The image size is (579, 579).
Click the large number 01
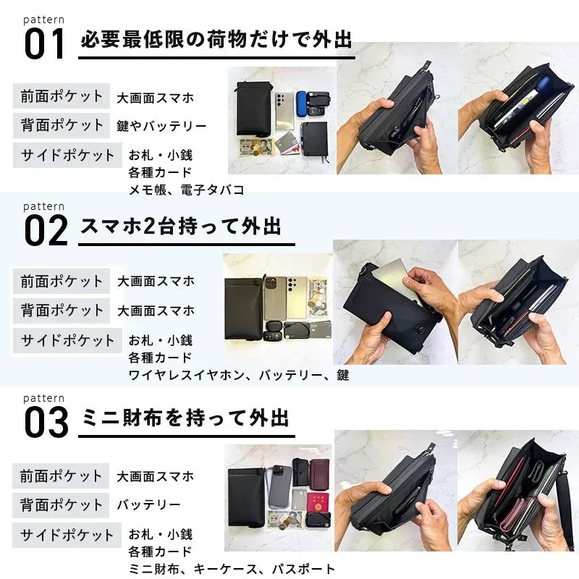(46, 44)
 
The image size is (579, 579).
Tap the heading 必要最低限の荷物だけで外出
(216, 40)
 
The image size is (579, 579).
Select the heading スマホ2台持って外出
(180, 227)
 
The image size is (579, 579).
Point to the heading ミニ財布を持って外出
(185, 418)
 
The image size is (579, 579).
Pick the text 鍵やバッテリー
(161, 126)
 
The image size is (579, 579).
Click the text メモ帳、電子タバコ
(186, 190)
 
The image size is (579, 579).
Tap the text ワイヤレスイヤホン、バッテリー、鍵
(238, 375)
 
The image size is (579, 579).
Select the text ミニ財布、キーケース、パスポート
(232, 569)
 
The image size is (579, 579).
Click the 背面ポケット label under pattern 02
(62, 310)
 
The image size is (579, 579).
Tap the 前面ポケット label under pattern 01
(62, 96)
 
